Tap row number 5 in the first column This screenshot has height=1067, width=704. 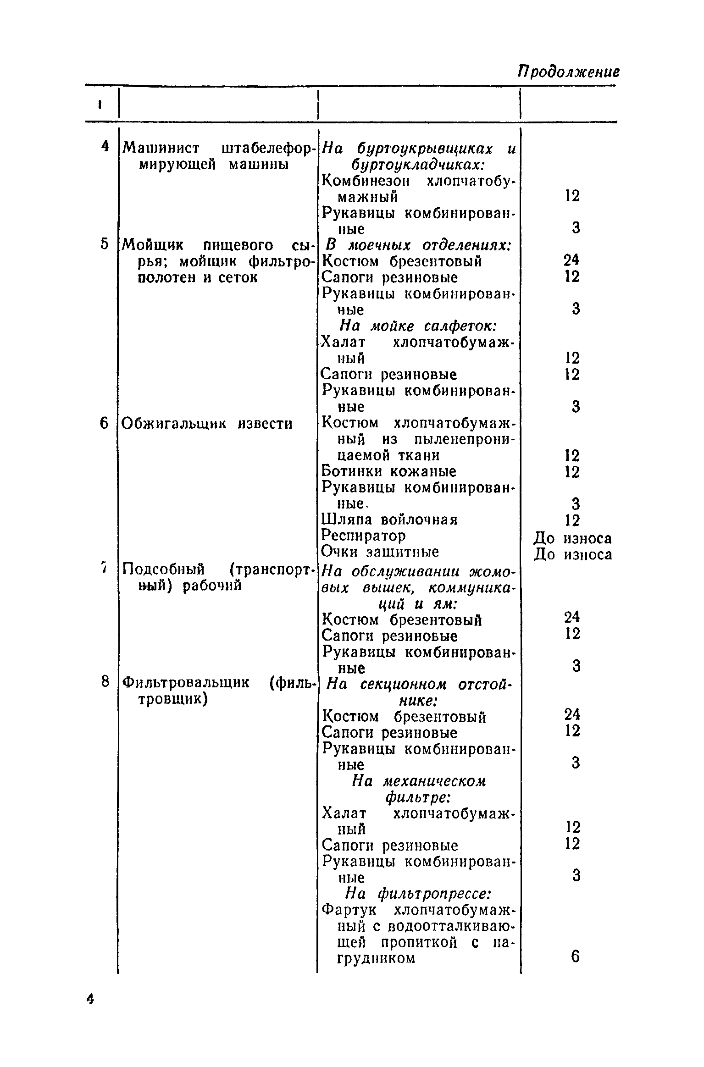105,244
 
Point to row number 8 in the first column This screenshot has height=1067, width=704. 105,682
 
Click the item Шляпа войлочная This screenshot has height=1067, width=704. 389,520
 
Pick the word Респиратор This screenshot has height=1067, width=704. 364,536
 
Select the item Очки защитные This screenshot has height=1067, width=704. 380,552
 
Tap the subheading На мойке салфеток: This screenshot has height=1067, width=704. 418,326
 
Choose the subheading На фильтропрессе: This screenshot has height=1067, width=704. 418,894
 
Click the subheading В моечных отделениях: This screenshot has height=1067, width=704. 419,245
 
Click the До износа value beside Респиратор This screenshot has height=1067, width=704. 573,538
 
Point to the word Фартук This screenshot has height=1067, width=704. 349,910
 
